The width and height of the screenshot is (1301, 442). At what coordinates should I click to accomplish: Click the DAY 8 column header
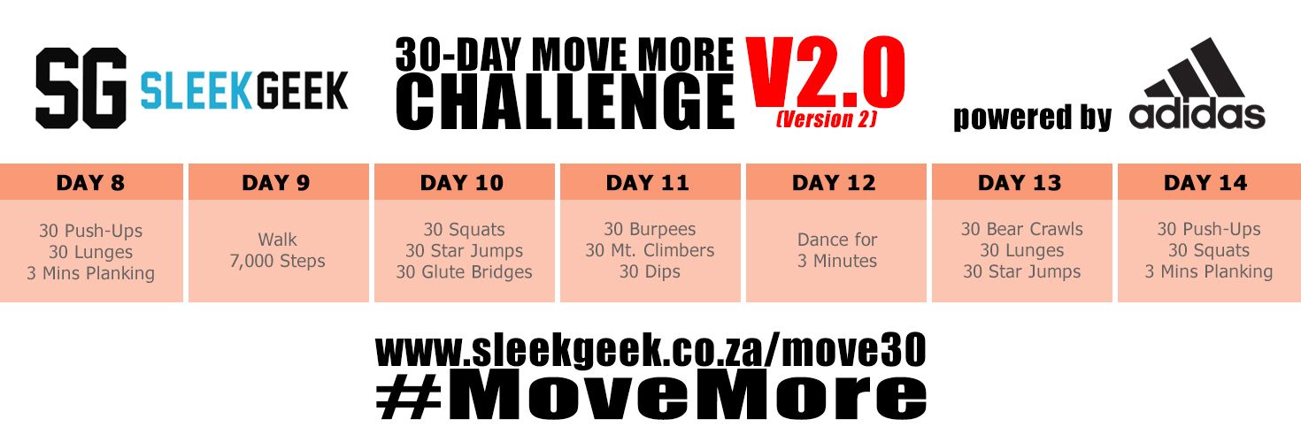coord(90,183)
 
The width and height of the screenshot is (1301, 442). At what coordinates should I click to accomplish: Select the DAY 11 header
coord(648,183)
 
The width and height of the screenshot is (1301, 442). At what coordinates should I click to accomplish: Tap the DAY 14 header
coord(1205,183)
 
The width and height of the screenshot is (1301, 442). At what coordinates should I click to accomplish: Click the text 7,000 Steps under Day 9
coord(278,262)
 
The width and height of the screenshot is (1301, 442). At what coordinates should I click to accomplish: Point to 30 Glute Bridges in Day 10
coord(464,272)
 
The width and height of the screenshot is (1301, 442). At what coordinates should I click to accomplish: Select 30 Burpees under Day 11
coord(650,229)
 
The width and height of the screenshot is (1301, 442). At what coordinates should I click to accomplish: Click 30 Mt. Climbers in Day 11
coord(650,250)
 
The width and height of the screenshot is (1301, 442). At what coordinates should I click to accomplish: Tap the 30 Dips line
coord(650,271)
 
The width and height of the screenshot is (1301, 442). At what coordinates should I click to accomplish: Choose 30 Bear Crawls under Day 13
coord(1021,229)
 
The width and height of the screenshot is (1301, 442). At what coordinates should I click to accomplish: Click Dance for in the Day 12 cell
coord(837,240)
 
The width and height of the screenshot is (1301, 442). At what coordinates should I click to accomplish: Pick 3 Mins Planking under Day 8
coord(90,273)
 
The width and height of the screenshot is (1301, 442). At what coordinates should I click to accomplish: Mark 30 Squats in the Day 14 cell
coord(1209,250)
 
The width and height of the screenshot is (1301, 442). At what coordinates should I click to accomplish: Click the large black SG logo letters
coord(81,88)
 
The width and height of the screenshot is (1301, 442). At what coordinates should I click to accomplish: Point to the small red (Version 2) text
coord(826,119)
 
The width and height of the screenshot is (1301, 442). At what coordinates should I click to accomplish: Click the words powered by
coord(1032,118)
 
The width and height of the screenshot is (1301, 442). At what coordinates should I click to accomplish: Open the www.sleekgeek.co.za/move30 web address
coord(650,351)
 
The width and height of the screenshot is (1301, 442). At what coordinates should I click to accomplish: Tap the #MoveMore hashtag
coord(650,397)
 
